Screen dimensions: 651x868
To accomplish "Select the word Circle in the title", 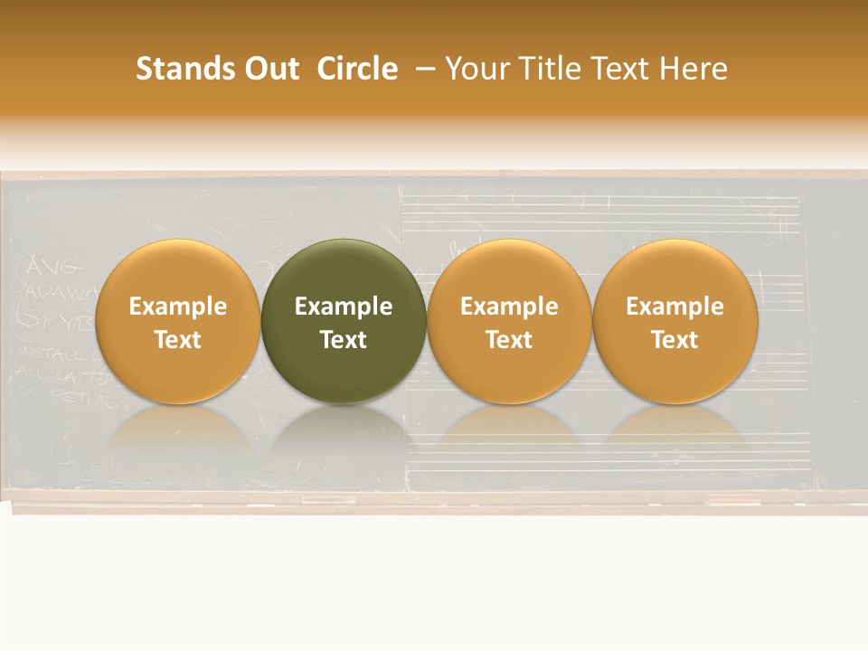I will click(357, 69).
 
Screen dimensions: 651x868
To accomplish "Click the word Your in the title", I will click(476, 69).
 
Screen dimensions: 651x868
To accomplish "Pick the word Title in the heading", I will click(551, 69).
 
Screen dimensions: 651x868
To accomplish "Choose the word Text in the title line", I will click(621, 69).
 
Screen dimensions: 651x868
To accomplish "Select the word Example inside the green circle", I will click(344, 307).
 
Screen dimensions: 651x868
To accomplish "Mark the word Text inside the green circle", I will click(344, 340).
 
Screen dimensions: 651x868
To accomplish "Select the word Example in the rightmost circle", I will click(675, 307).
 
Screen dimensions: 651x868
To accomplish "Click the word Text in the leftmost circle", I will click(177, 340).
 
